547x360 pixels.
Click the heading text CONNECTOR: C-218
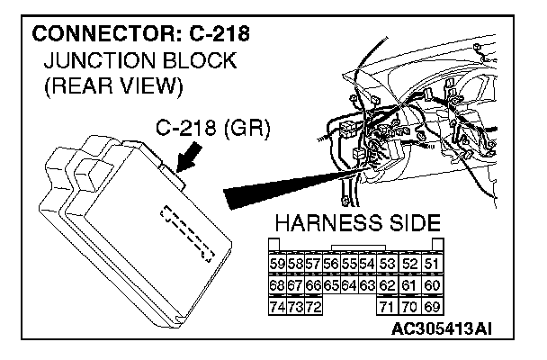[x=140, y=37]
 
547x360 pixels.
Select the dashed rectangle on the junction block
[x=188, y=232]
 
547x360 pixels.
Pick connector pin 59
[x=277, y=263]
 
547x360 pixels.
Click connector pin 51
[x=432, y=263]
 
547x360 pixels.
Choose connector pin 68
[x=277, y=286]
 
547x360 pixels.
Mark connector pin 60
[x=432, y=286]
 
